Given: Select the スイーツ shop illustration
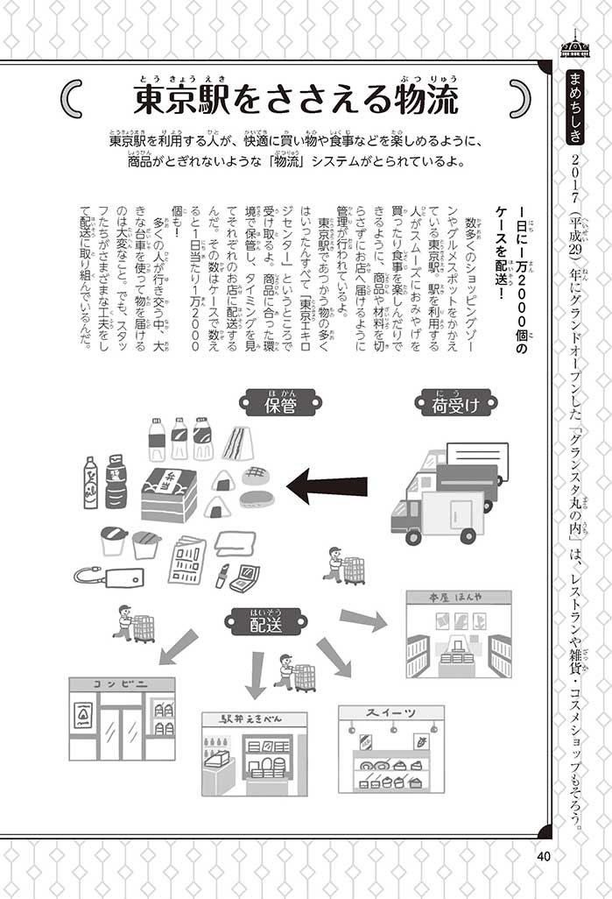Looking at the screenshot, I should [x=390, y=749].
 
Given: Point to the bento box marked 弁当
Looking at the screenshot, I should [x=168, y=495].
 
